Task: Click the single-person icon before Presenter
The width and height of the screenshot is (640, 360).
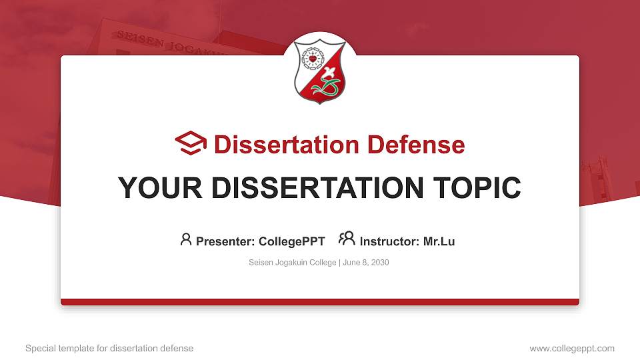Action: (186, 239)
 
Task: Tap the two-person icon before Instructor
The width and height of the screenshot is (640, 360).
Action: (347, 239)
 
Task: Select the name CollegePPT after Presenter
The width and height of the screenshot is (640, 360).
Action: (291, 241)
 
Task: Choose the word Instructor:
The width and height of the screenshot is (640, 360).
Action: (390, 241)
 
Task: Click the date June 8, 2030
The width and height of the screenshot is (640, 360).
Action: (366, 263)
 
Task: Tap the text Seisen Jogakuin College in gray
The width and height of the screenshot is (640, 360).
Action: (293, 263)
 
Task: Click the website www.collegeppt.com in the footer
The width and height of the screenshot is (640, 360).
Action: (571, 348)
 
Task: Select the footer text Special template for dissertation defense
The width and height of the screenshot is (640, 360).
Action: (109, 348)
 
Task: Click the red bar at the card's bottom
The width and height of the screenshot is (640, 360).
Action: (320, 302)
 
